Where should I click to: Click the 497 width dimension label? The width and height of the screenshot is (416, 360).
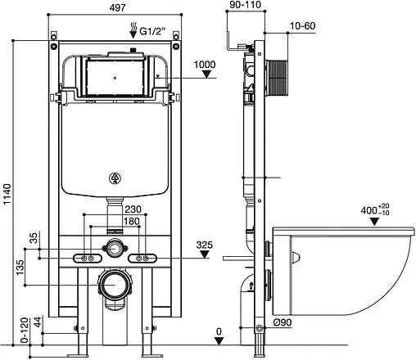117,8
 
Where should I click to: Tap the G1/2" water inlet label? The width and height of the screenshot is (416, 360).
152,31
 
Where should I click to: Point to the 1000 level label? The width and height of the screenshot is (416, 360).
205,65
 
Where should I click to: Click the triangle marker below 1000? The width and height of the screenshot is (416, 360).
206,74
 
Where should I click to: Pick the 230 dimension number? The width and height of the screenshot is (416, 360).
133,209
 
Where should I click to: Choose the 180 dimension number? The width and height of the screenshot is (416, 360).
132,221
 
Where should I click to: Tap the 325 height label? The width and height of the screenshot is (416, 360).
204,245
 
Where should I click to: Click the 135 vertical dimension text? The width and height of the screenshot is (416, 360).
20,268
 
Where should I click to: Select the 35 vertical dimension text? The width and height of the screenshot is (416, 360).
34,238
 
